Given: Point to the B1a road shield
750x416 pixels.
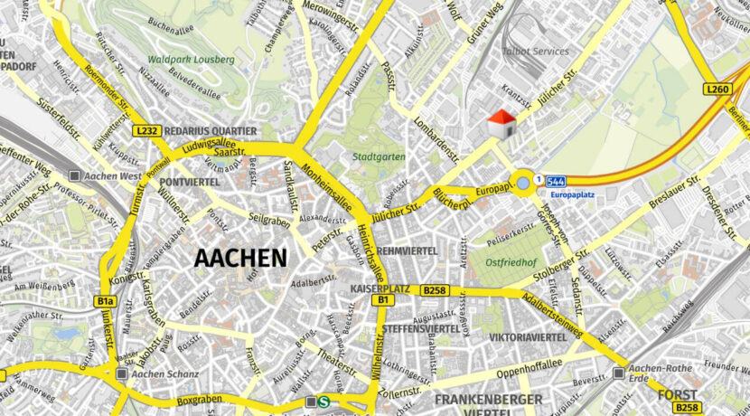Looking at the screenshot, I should (x=106, y=301).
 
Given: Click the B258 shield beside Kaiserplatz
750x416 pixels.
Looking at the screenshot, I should (x=434, y=290).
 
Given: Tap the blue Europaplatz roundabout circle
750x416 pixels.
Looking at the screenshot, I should (x=523, y=184).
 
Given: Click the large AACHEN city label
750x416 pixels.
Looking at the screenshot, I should (x=240, y=258).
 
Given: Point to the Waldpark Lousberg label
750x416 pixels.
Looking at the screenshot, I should (x=192, y=60).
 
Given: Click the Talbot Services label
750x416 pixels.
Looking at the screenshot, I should (x=536, y=52).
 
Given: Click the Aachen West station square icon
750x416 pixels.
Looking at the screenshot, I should (x=77, y=175).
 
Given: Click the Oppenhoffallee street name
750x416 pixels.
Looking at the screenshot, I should (x=523, y=369).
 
